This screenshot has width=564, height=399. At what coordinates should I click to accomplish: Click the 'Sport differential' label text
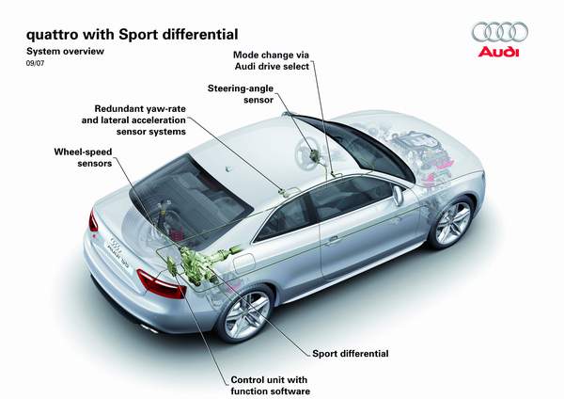click(x=350, y=354)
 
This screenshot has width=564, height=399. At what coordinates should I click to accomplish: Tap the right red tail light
click(x=162, y=282)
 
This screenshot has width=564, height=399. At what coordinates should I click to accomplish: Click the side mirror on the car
click(x=399, y=196)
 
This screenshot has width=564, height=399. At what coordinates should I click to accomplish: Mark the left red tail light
click(x=93, y=221)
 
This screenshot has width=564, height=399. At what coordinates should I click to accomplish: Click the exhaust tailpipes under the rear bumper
click(x=148, y=327)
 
